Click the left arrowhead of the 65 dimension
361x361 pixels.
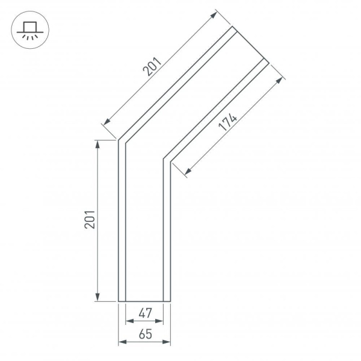[121, 342]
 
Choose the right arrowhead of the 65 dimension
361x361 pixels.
[168, 342]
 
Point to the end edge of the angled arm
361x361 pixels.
[249, 44]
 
